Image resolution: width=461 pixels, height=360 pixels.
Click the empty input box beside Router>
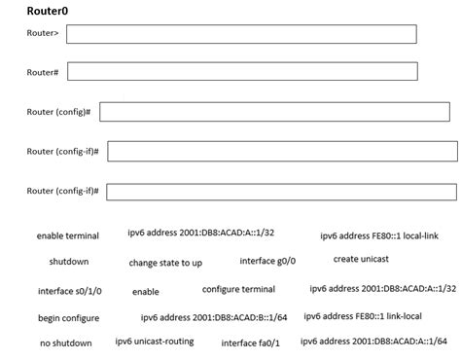pos(241,34)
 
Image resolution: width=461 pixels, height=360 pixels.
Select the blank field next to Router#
pos(243,72)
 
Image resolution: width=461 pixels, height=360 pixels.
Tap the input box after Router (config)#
pos(277,112)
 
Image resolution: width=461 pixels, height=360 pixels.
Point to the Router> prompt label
pos(43,34)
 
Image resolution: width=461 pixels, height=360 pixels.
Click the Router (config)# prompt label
pos(58,112)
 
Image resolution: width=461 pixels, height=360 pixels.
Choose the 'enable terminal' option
pos(68,235)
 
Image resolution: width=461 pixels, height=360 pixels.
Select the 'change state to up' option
pos(165,263)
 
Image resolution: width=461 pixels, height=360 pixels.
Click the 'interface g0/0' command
pos(267,261)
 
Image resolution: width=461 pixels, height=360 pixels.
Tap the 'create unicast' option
pos(360,259)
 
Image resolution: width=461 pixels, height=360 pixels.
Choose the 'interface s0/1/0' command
pos(69,291)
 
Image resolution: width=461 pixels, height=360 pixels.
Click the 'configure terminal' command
pos(238,289)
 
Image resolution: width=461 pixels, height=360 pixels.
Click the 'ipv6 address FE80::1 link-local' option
pos(363,315)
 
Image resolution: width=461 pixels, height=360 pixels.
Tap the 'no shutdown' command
pos(66,342)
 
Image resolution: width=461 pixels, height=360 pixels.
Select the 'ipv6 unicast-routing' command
pos(155,341)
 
